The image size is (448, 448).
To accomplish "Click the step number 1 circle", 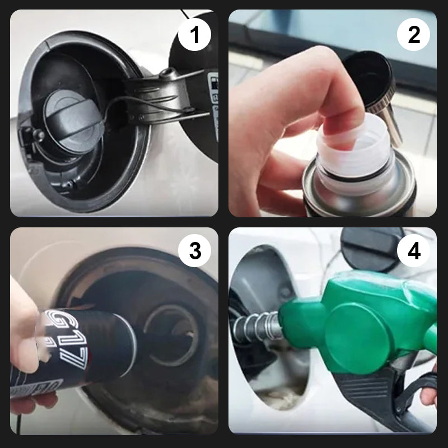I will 194,35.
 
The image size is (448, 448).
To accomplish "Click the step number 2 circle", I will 413,35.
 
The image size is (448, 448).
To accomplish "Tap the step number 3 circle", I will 194,251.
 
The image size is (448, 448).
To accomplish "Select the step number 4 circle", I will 413,251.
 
